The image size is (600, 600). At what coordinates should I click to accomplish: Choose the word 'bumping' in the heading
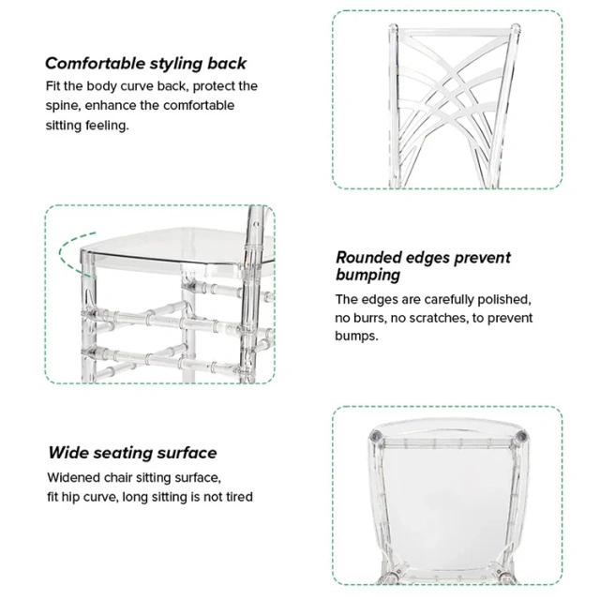pos(368,276)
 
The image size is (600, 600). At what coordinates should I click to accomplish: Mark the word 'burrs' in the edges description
pos(376,318)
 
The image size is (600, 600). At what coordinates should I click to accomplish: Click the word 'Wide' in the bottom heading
pos(69,453)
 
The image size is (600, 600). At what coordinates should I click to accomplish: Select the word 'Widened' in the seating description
pos(74,477)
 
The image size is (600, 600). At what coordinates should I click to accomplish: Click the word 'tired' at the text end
pos(235,496)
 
